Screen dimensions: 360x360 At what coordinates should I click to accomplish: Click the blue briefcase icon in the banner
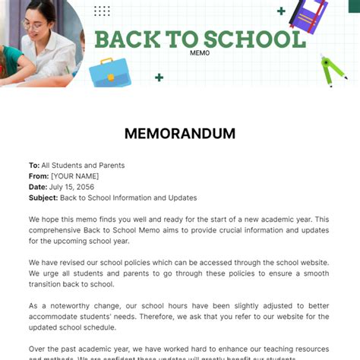pos(110,72)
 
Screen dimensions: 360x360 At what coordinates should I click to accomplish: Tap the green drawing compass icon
pos(333,71)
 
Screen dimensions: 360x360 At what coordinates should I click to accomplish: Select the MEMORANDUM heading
pos(180,134)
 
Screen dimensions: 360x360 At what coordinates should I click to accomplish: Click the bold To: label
pos(33,166)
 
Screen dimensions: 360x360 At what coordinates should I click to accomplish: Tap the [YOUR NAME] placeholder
pos(74,176)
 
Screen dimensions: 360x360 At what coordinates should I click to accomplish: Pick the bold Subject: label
pos(43,197)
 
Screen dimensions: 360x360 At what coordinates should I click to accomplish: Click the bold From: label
pos(39,176)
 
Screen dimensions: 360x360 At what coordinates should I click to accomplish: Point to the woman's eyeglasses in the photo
pos(34,23)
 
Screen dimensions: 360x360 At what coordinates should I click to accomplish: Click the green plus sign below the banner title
pos(159,77)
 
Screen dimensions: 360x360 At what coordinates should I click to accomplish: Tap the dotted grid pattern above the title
pos(102,11)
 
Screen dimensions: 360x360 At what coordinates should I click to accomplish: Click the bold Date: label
pos(38,187)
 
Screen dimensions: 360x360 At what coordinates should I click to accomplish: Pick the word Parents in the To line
pos(111,166)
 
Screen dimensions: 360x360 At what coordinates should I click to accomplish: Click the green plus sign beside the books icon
pos(282,11)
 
